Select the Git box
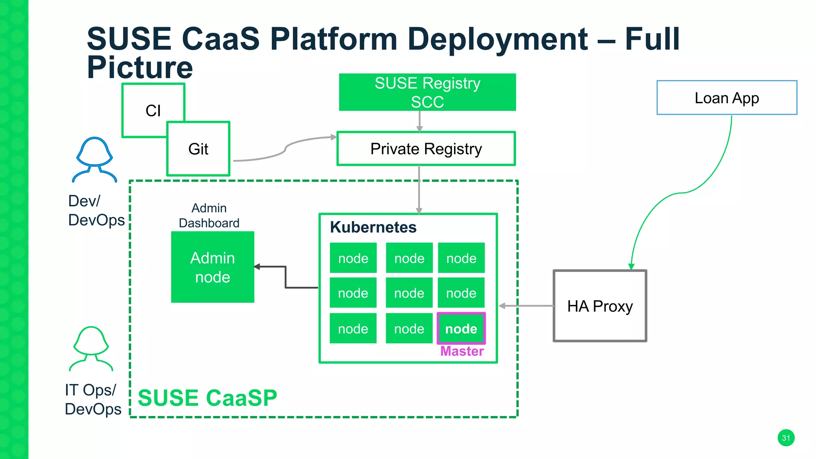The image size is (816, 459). [198, 149]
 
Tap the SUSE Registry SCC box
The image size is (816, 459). [427, 92]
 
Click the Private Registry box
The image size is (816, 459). [426, 149]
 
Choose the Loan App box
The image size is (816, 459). [726, 98]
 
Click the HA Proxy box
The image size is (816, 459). [600, 306]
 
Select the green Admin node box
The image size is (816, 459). [212, 267]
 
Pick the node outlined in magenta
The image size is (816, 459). [461, 328]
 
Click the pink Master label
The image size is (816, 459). [462, 351]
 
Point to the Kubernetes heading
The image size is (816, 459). [373, 227]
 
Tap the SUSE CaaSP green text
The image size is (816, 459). [207, 398]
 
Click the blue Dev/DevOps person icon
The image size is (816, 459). [94, 159]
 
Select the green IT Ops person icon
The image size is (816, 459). [91, 349]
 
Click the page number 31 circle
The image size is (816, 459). [786, 438]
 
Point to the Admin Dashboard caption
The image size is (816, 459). [209, 216]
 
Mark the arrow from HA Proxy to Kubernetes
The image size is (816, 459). [526, 306]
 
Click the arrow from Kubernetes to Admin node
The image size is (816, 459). [286, 277]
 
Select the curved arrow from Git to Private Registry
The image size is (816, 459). [285, 150]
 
